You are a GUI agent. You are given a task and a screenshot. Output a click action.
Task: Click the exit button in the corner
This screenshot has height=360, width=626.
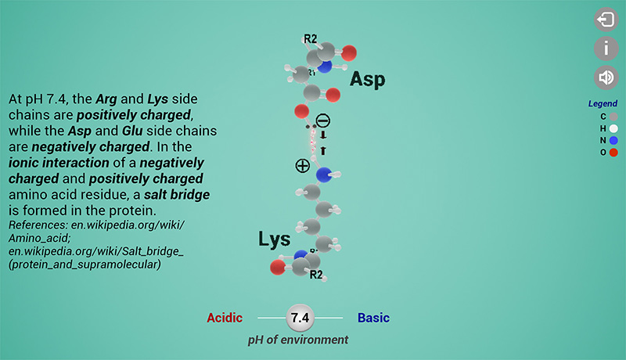[606, 20]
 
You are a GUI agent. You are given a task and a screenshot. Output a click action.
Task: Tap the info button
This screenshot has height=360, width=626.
[606, 49]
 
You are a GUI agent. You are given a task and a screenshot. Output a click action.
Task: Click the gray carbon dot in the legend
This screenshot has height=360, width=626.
[613, 117]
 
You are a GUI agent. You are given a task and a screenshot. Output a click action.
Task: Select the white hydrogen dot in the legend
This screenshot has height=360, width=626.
[613, 128]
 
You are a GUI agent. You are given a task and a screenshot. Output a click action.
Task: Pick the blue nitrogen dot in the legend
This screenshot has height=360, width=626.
[613, 140]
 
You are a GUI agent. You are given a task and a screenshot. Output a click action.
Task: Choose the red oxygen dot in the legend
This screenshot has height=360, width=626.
[613, 152]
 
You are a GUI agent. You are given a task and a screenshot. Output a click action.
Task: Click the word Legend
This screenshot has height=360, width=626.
[603, 103]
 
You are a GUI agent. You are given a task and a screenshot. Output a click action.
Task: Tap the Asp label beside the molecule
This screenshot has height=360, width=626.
[367, 79]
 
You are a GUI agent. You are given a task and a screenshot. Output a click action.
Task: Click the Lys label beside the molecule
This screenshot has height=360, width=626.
[274, 239]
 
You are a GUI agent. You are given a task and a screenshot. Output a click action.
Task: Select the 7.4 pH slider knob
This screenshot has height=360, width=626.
[300, 318]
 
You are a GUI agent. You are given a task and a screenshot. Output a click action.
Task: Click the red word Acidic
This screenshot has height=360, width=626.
[225, 318]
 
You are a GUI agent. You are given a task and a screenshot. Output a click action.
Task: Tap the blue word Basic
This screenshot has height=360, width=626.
[373, 318]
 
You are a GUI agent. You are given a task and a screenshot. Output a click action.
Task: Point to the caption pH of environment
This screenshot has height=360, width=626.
[298, 340]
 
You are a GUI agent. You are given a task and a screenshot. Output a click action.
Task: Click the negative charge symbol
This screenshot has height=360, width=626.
[322, 121]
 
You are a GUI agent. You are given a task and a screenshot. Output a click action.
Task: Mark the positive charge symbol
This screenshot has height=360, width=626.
[302, 165]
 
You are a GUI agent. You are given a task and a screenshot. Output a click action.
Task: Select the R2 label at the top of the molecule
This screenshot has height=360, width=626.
[311, 38]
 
